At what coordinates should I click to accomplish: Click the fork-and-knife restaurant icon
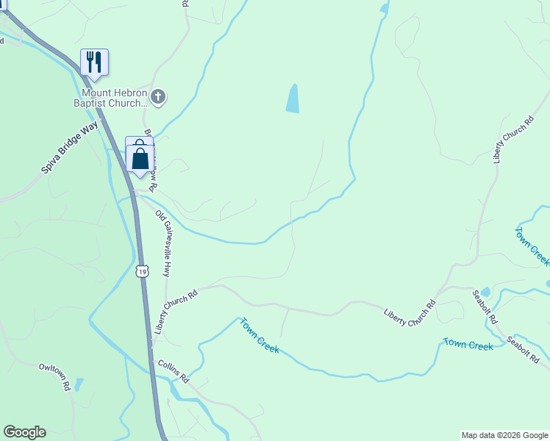94,61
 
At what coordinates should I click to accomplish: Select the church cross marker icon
158,96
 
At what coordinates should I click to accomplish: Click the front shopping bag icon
140,159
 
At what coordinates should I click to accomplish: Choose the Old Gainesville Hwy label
166,243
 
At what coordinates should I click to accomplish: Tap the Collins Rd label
174,371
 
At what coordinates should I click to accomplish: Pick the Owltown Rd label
54,375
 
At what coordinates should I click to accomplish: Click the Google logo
24,432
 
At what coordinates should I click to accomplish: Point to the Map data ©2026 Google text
504,435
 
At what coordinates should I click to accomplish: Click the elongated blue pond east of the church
293,98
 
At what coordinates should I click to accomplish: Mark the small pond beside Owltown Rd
79,384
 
